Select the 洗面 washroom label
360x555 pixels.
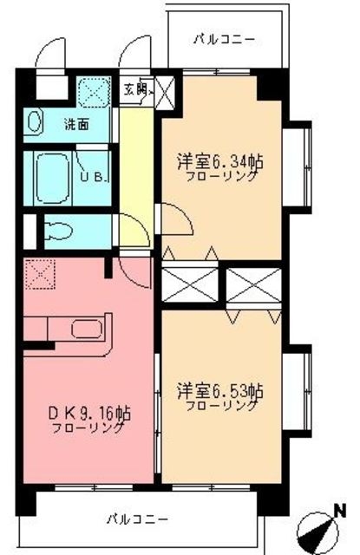pos(76,124)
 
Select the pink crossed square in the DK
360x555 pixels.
pos(40,277)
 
